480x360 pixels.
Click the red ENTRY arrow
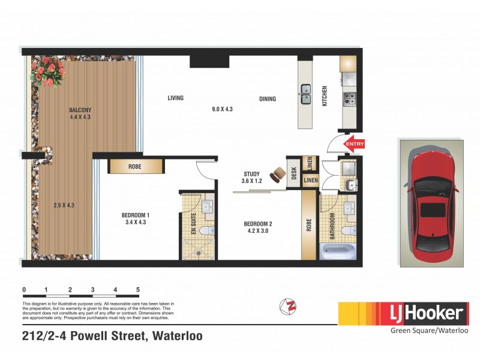[x=354, y=144]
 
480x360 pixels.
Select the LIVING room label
[x=176, y=98]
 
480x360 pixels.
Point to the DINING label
[x=268, y=99]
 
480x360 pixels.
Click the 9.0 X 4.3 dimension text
[x=222, y=109]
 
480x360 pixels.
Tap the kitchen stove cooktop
[x=349, y=99]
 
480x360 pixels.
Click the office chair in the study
[x=278, y=175]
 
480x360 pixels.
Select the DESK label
[x=294, y=173]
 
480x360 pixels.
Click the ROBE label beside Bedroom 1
[x=134, y=167]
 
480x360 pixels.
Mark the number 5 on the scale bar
[x=138, y=290]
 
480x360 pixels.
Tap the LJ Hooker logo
[x=403, y=313]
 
